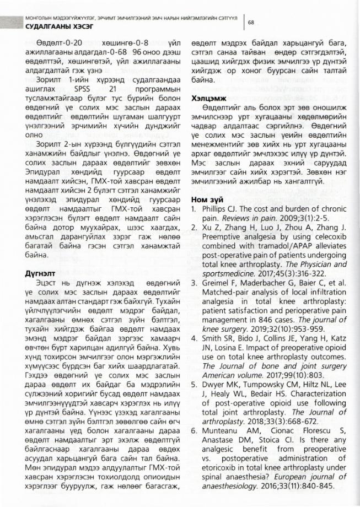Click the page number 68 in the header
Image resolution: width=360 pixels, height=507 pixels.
[251, 23]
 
